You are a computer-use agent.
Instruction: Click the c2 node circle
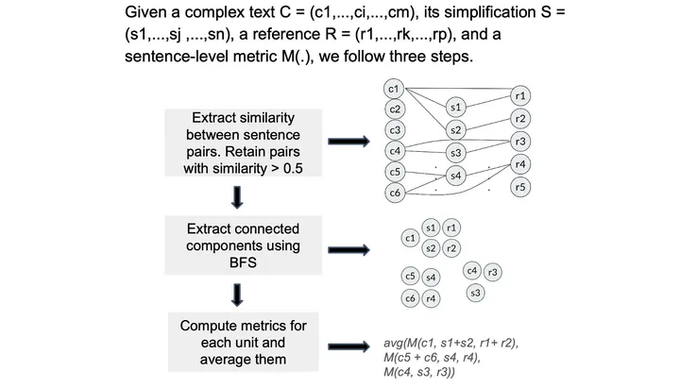pos(395,110)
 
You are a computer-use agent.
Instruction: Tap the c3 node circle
pos(395,130)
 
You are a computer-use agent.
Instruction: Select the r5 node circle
pos(520,187)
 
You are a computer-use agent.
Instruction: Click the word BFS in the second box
pos(243,262)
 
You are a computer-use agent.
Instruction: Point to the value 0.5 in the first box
pos(293,169)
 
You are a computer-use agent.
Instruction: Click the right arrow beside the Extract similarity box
pos(348,142)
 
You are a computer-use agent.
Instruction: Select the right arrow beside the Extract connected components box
pos(348,250)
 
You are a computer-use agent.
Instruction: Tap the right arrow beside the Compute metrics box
pos(348,346)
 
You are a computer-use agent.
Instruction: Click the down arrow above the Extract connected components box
pos(237,197)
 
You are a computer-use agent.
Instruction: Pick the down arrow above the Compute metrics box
pos(237,295)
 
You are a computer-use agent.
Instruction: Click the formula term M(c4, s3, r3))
pos(419,372)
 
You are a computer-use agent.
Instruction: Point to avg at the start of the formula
pos(393,344)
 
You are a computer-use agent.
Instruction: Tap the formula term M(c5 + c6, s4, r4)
pos(432,358)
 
